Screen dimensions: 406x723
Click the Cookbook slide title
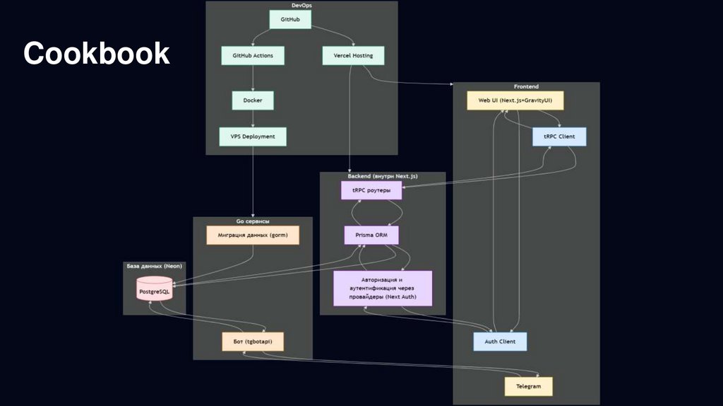click(x=97, y=54)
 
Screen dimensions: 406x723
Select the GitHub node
click(x=290, y=20)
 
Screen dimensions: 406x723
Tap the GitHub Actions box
click(x=253, y=55)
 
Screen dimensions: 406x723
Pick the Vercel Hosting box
click(x=348, y=55)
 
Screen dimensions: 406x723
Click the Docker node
click(x=253, y=100)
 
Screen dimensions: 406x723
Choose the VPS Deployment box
click(x=253, y=137)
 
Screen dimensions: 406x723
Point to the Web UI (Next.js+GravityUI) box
click(x=515, y=100)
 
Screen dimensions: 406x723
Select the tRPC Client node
click(x=559, y=137)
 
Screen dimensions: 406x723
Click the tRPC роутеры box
click(x=371, y=190)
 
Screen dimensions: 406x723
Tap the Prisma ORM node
click(x=371, y=235)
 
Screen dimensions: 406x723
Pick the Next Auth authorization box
click(x=383, y=288)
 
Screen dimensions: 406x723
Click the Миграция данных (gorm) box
click(x=253, y=235)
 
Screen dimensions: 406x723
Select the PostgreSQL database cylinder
click(x=154, y=290)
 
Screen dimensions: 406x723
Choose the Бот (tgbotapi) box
click(x=253, y=342)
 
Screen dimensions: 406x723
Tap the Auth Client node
click(x=500, y=342)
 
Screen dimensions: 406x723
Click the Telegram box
click(x=528, y=386)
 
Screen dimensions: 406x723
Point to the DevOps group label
click(x=301, y=6)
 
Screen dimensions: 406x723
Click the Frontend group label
click(x=526, y=86)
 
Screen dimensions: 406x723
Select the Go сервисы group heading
click(x=253, y=221)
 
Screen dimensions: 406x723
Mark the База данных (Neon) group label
click(x=154, y=267)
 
